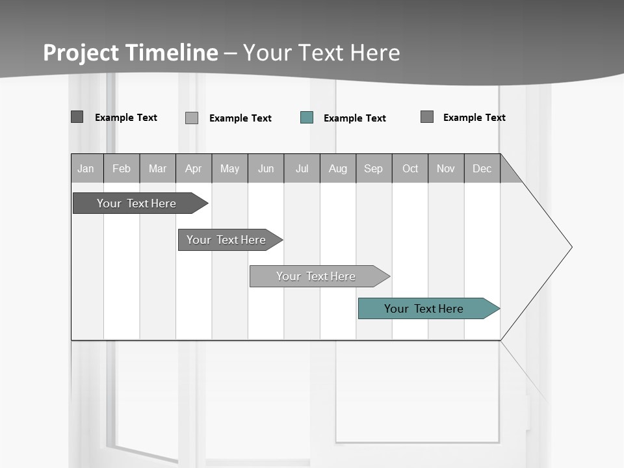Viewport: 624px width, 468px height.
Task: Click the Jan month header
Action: [86, 168]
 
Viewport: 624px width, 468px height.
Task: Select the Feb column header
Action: [122, 168]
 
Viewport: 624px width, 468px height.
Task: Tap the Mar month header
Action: [157, 168]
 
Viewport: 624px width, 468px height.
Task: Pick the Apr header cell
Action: [194, 168]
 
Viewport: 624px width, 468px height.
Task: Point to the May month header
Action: [229, 168]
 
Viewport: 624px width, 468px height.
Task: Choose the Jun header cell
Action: [266, 168]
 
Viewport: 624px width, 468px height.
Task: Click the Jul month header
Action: [302, 168]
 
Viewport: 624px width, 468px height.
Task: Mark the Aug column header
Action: [338, 168]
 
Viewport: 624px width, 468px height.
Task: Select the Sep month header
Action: [374, 168]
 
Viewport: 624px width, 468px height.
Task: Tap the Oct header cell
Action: [410, 168]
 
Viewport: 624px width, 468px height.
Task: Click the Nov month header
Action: [446, 168]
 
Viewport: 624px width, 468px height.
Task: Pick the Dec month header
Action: [482, 168]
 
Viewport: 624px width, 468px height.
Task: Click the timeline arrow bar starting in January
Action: [136, 203]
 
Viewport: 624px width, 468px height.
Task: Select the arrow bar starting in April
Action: [226, 240]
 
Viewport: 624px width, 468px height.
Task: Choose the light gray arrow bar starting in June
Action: [316, 276]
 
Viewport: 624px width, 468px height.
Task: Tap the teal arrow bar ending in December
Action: [424, 309]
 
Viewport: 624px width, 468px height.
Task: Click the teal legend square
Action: [307, 118]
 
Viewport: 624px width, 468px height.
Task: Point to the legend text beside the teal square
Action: [355, 118]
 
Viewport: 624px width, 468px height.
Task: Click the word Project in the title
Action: [81, 53]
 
